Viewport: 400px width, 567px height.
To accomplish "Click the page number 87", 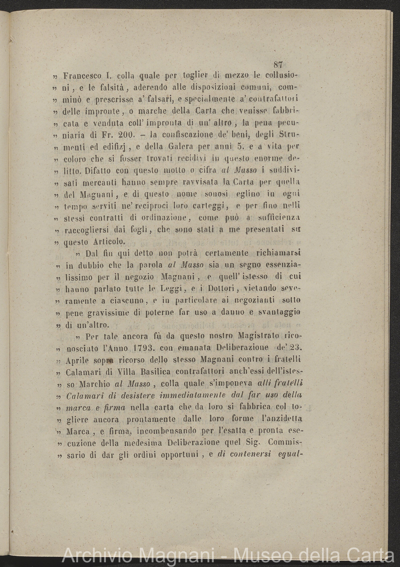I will (277, 66).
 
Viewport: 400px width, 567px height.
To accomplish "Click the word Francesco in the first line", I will (82, 75).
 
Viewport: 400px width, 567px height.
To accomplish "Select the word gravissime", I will (103, 312).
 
